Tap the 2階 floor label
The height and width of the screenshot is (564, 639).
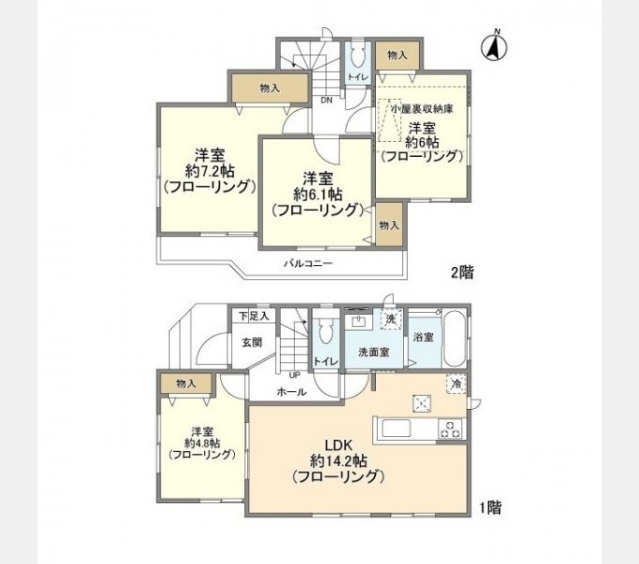pyautogui.click(x=462, y=273)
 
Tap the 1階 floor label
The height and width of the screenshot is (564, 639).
pyautogui.click(x=491, y=508)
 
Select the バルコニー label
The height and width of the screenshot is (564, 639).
pyautogui.click(x=308, y=263)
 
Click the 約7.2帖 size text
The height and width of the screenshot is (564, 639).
pyautogui.click(x=210, y=171)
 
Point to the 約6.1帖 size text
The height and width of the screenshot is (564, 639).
pyautogui.click(x=318, y=195)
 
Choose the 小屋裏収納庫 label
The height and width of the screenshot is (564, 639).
pyautogui.click(x=422, y=109)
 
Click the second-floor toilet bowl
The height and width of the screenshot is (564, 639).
pyautogui.click(x=357, y=57)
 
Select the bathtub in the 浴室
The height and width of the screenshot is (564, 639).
pyautogui.click(x=454, y=339)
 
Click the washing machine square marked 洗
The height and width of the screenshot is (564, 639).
pyautogui.click(x=391, y=319)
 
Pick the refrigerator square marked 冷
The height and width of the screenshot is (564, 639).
pyautogui.click(x=457, y=384)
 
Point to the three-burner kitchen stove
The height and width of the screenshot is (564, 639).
pyautogui.click(x=450, y=429)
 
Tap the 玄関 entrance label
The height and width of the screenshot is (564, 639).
pyautogui.click(x=252, y=343)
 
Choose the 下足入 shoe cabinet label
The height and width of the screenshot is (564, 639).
pyautogui.click(x=254, y=316)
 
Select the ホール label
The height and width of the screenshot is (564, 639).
pyautogui.click(x=291, y=392)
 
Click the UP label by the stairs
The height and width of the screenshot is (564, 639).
pyautogui.click(x=294, y=374)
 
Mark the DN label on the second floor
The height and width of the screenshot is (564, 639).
pyautogui.click(x=326, y=101)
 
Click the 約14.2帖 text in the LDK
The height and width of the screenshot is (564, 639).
pyautogui.click(x=338, y=461)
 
